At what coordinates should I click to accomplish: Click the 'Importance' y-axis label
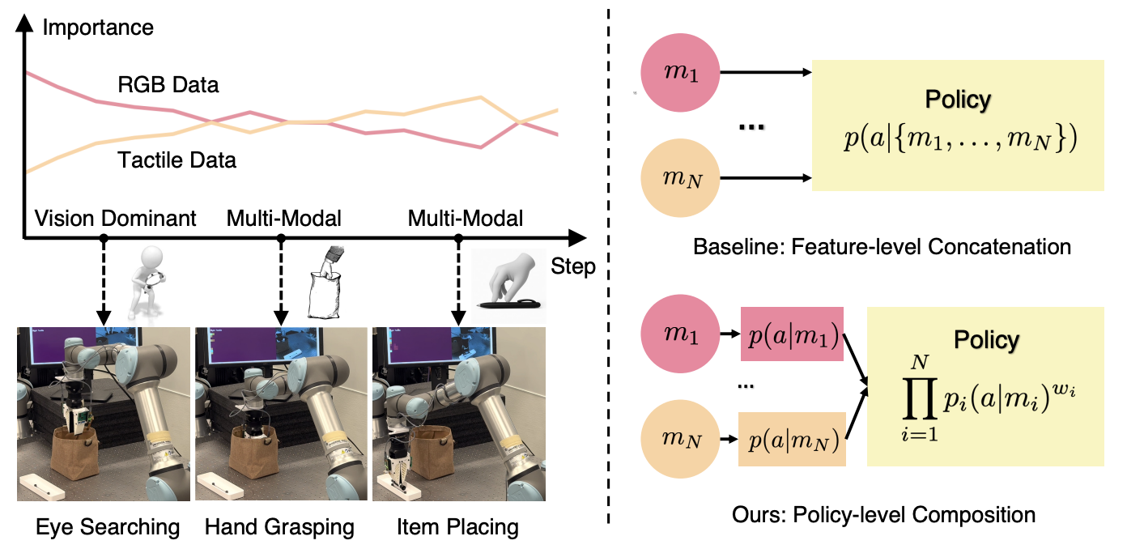coord(98,28)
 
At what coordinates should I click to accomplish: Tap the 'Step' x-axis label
coord(572,266)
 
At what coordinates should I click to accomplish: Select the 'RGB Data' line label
coord(168,84)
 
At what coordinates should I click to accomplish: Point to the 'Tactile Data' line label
coord(177,160)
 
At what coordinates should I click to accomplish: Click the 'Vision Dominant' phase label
coord(115,218)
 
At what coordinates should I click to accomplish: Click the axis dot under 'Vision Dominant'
coord(103,238)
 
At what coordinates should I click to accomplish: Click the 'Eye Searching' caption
coord(108,528)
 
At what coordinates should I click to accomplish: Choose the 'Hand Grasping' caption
coord(279,528)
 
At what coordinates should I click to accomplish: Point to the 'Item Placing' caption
coord(457,528)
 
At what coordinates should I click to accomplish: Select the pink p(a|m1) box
coord(793,333)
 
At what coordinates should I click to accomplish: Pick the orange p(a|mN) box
coord(792,439)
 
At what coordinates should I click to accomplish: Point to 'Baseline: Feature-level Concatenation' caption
coord(882,245)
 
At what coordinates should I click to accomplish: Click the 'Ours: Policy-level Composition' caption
coord(882,513)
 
